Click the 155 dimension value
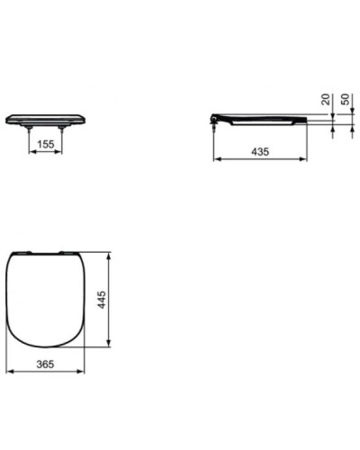click(45, 143)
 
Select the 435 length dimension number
click(260, 152)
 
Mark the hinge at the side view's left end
click(215, 117)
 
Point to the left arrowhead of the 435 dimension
click(216, 160)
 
